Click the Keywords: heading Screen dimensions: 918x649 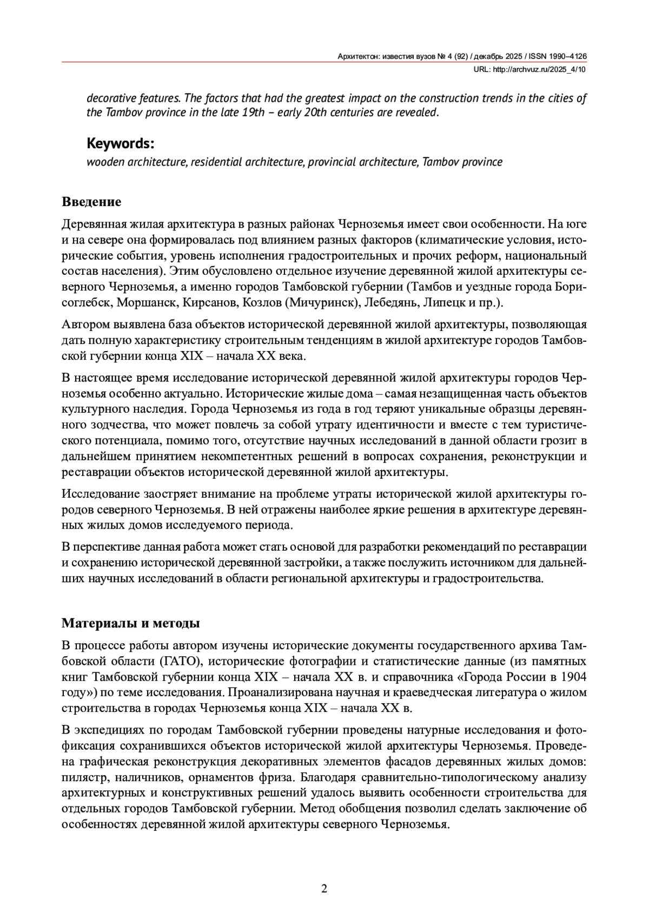click(x=121, y=144)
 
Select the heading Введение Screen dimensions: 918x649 click(x=91, y=202)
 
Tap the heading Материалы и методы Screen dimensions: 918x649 click(x=131, y=623)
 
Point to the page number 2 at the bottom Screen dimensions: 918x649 click(x=324, y=888)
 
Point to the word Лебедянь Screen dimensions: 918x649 click(x=389, y=302)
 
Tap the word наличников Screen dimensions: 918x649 click(x=143, y=778)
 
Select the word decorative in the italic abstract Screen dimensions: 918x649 click(x=110, y=98)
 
